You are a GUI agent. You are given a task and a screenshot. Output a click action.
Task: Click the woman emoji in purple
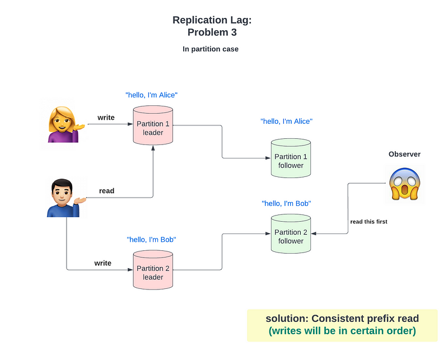(64, 124)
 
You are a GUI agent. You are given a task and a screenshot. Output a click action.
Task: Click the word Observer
(404, 154)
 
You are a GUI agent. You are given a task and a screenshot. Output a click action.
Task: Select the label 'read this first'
(368, 222)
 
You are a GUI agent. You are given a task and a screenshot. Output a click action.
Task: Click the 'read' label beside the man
(106, 191)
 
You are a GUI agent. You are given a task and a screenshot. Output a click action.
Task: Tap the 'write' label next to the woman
(106, 118)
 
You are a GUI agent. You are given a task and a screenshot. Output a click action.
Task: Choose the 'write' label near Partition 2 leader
(102, 263)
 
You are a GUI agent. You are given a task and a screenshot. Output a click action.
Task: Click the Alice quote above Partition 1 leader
(152, 95)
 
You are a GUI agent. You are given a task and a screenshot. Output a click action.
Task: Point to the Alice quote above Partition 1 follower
(286, 121)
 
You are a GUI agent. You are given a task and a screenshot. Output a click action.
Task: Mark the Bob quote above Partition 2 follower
(286, 203)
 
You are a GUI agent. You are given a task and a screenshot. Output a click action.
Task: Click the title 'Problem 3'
(212, 32)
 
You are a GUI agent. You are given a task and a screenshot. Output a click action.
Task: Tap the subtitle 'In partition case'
(211, 49)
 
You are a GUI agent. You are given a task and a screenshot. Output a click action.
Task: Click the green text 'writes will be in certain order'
(342, 331)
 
